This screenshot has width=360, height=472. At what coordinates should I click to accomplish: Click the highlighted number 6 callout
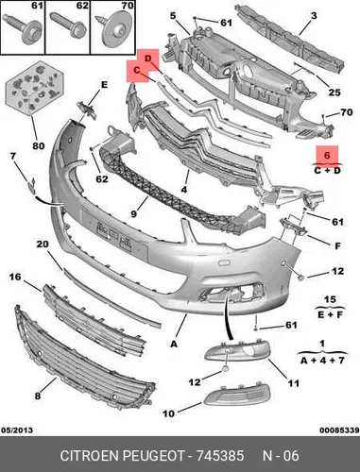(327, 155)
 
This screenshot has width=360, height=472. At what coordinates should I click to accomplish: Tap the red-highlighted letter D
(148, 59)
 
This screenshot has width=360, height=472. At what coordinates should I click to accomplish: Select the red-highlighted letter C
(136, 70)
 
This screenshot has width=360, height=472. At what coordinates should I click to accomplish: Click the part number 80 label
(39, 145)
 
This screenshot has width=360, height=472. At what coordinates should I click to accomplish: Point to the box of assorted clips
(35, 88)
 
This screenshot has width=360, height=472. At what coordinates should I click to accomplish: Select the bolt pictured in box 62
(69, 25)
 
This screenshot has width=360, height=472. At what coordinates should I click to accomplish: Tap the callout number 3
(314, 15)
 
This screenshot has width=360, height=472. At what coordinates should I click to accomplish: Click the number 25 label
(334, 93)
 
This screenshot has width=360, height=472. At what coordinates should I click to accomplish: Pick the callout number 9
(134, 213)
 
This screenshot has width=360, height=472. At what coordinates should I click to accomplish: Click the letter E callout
(104, 85)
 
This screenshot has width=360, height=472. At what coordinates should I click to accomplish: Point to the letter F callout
(337, 245)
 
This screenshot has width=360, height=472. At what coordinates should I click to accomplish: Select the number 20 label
(43, 244)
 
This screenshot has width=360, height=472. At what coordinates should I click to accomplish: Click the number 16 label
(15, 277)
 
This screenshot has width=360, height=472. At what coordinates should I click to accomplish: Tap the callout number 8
(38, 396)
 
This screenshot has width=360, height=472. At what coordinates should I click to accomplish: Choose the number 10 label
(168, 413)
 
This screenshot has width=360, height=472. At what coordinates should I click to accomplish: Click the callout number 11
(293, 383)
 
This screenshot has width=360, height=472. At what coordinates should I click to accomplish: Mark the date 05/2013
(17, 430)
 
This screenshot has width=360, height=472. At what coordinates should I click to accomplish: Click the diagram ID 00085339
(339, 430)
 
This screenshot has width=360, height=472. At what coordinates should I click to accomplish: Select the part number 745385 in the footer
(220, 456)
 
